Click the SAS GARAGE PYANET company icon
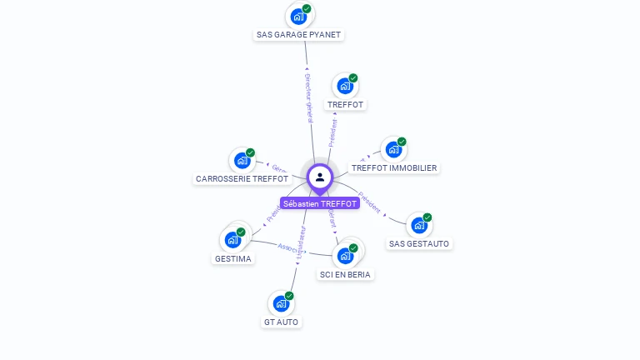pyautogui.click(x=297, y=16)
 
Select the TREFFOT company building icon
pyautogui.click(x=344, y=86)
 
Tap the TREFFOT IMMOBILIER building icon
pyautogui.click(x=392, y=150)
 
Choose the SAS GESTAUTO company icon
pyautogui.click(x=418, y=225)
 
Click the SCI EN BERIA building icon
pyautogui.click(x=345, y=256)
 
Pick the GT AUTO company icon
pyautogui.click(x=280, y=304)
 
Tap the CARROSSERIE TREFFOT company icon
pyautogui.click(x=242, y=160)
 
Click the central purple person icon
pyautogui.click(x=320, y=177)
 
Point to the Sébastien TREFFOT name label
pyautogui.click(x=320, y=203)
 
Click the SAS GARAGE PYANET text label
pyautogui.click(x=298, y=35)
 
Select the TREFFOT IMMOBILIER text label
pyautogui.click(x=394, y=167)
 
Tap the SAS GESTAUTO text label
pyautogui.click(x=419, y=243)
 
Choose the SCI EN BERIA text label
pyautogui.click(x=345, y=274)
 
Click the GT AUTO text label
pyautogui.click(x=282, y=322)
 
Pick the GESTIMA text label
pyautogui.click(x=233, y=258)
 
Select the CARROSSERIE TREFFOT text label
pyautogui.click(x=242, y=178)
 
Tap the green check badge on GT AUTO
pyautogui.click(x=289, y=296)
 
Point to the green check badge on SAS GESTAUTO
pyautogui.click(x=427, y=217)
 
